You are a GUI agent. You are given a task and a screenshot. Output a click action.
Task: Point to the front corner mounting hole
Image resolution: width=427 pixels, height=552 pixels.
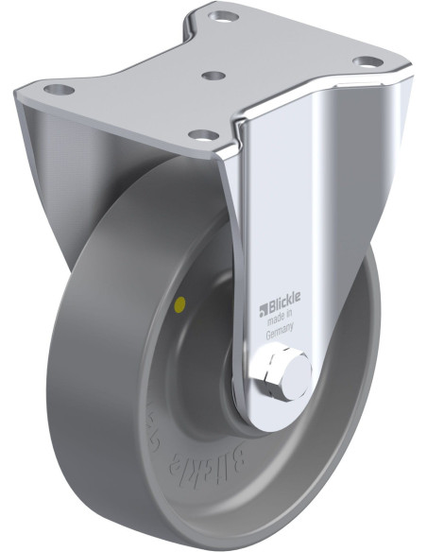point(201,135)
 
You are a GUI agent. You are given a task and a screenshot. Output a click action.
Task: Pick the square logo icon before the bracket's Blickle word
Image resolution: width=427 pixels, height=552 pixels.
point(264,305)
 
